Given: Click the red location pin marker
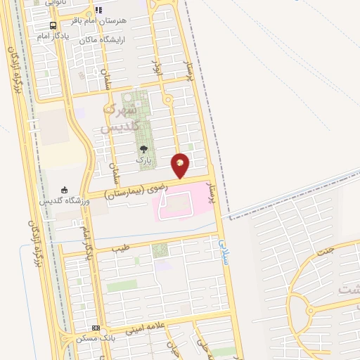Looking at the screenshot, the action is coord(181,162).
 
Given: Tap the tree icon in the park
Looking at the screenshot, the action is coord(143,149).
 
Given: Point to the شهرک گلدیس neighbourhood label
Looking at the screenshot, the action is coord(117,119).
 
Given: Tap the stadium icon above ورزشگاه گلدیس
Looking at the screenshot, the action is coord(64,189).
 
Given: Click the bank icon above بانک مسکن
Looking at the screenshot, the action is coord(96,328).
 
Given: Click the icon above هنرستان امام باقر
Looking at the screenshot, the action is coord(98,10).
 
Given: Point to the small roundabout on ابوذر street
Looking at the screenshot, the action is coord(167,101).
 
